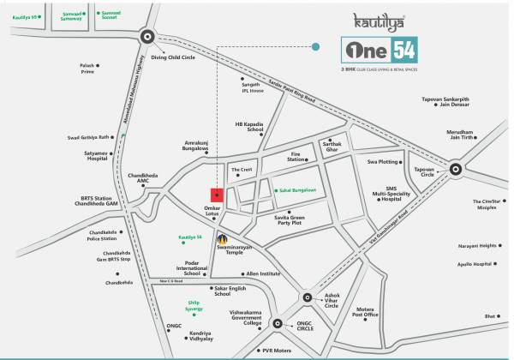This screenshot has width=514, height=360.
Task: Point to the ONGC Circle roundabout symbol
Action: pos(276,324)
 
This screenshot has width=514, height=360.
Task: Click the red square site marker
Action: pos(217,195)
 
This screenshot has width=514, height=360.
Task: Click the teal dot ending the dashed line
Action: pos(317,47)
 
